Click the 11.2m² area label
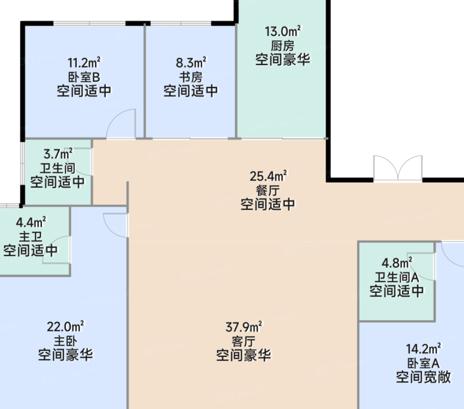(x=84, y=62)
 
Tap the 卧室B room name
(x=84, y=77)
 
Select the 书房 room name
(x=191, y=77)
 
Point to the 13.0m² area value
(x=282, y=31)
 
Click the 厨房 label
(x=282, y=46)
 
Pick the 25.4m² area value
(x=268, y=176)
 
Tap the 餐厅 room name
(x=268, y=191)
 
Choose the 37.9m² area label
(x=244, y=327)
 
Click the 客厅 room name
(x=244, y=341)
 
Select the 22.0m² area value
(x=66, y=326)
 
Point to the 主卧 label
(x=66, y=341)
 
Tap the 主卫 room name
(x=31, y=237)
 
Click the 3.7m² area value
(x=58, y=154)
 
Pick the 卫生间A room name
(x=397, y=277)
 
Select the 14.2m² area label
(x=423, y=348)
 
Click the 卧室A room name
(x=423, y=363)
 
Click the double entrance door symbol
(x=398, y=168)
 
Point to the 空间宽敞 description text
(x=423, y=377)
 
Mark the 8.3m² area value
(x=191, y=62)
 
